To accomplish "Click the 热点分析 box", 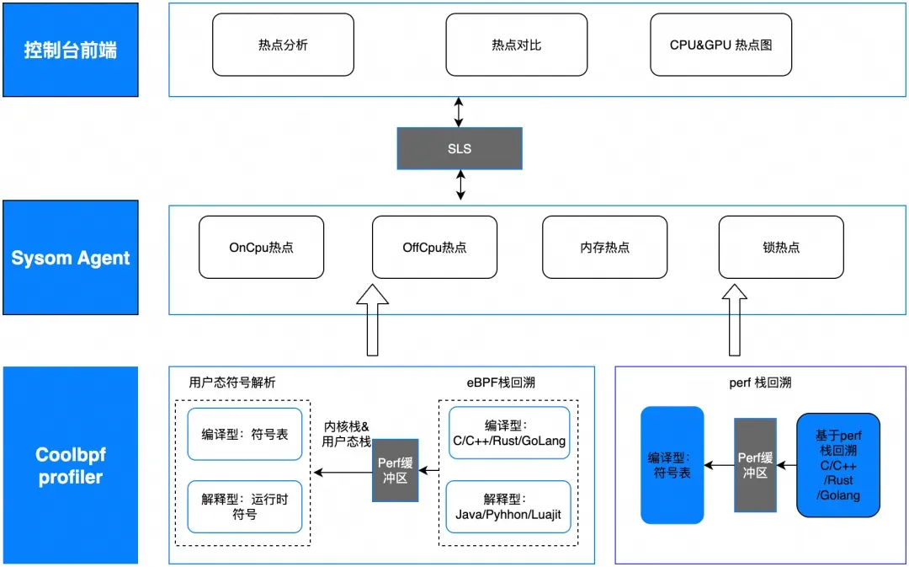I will pyautogui.click(x=283, y=45).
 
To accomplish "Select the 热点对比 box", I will pyautogui.click(x=516, y=45).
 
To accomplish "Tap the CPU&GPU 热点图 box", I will pyautogui.click(x=720, y=45).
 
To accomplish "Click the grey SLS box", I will pyautogui.click(x=460, y=148).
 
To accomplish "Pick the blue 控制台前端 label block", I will pyautogui.click(x=71, y=50).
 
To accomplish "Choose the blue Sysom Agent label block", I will pyautogui.click(x=71, y=257).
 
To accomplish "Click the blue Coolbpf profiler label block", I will pyautogui.click(x=71, y=465).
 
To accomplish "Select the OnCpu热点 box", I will pyautogui.click(x=261, y=247).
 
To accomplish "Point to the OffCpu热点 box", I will pyautogui.click(x=434, y=247).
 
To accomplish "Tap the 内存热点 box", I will pyautogui.click(x=604, y=247).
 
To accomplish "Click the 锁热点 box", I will pyautogui.click(x=781, y=247).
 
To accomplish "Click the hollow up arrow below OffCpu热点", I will pyautogui.click(x=373, y=320).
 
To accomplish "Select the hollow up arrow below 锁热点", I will pyautogui.click(x=733, y=320).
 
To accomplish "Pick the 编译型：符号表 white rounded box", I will pyautogui.click(x=244, y=435).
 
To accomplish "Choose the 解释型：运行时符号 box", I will pyautogui.click(x=244, y=506).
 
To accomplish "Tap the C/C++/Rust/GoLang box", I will pyautogui.click(x=508, y=433).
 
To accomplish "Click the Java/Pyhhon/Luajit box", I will pyautogui.click(x=508, y=506).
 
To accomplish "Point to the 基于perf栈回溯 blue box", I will pyautogui.click(x=838, y=464).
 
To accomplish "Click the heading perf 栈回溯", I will pyautogui.click(x=760, y=382).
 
